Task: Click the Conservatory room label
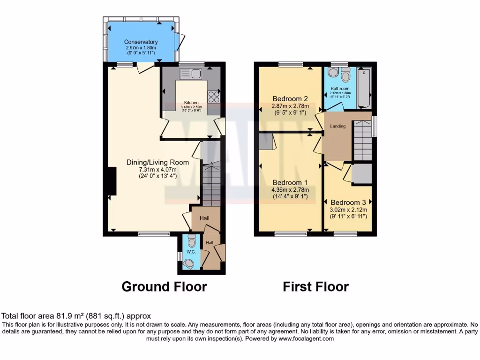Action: tap(141, 42)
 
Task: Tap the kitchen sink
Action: tap(190, 74)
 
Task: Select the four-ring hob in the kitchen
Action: tap(213, 96)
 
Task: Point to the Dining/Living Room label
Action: tap(157, 163)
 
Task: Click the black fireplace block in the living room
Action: tap(112, 181)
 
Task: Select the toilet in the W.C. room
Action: tap(191, 241)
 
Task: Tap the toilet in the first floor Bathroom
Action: tap(346, 75)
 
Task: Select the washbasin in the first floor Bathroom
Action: tap(333, 73)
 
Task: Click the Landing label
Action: tap(338, 126)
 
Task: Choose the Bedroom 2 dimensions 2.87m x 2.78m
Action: tap(291, 106)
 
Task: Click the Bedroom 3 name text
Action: tap(348, 202)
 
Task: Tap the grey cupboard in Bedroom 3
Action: tap(361, 173)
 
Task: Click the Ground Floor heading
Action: tap(164, 286)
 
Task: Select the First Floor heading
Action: tap(315, 286)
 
